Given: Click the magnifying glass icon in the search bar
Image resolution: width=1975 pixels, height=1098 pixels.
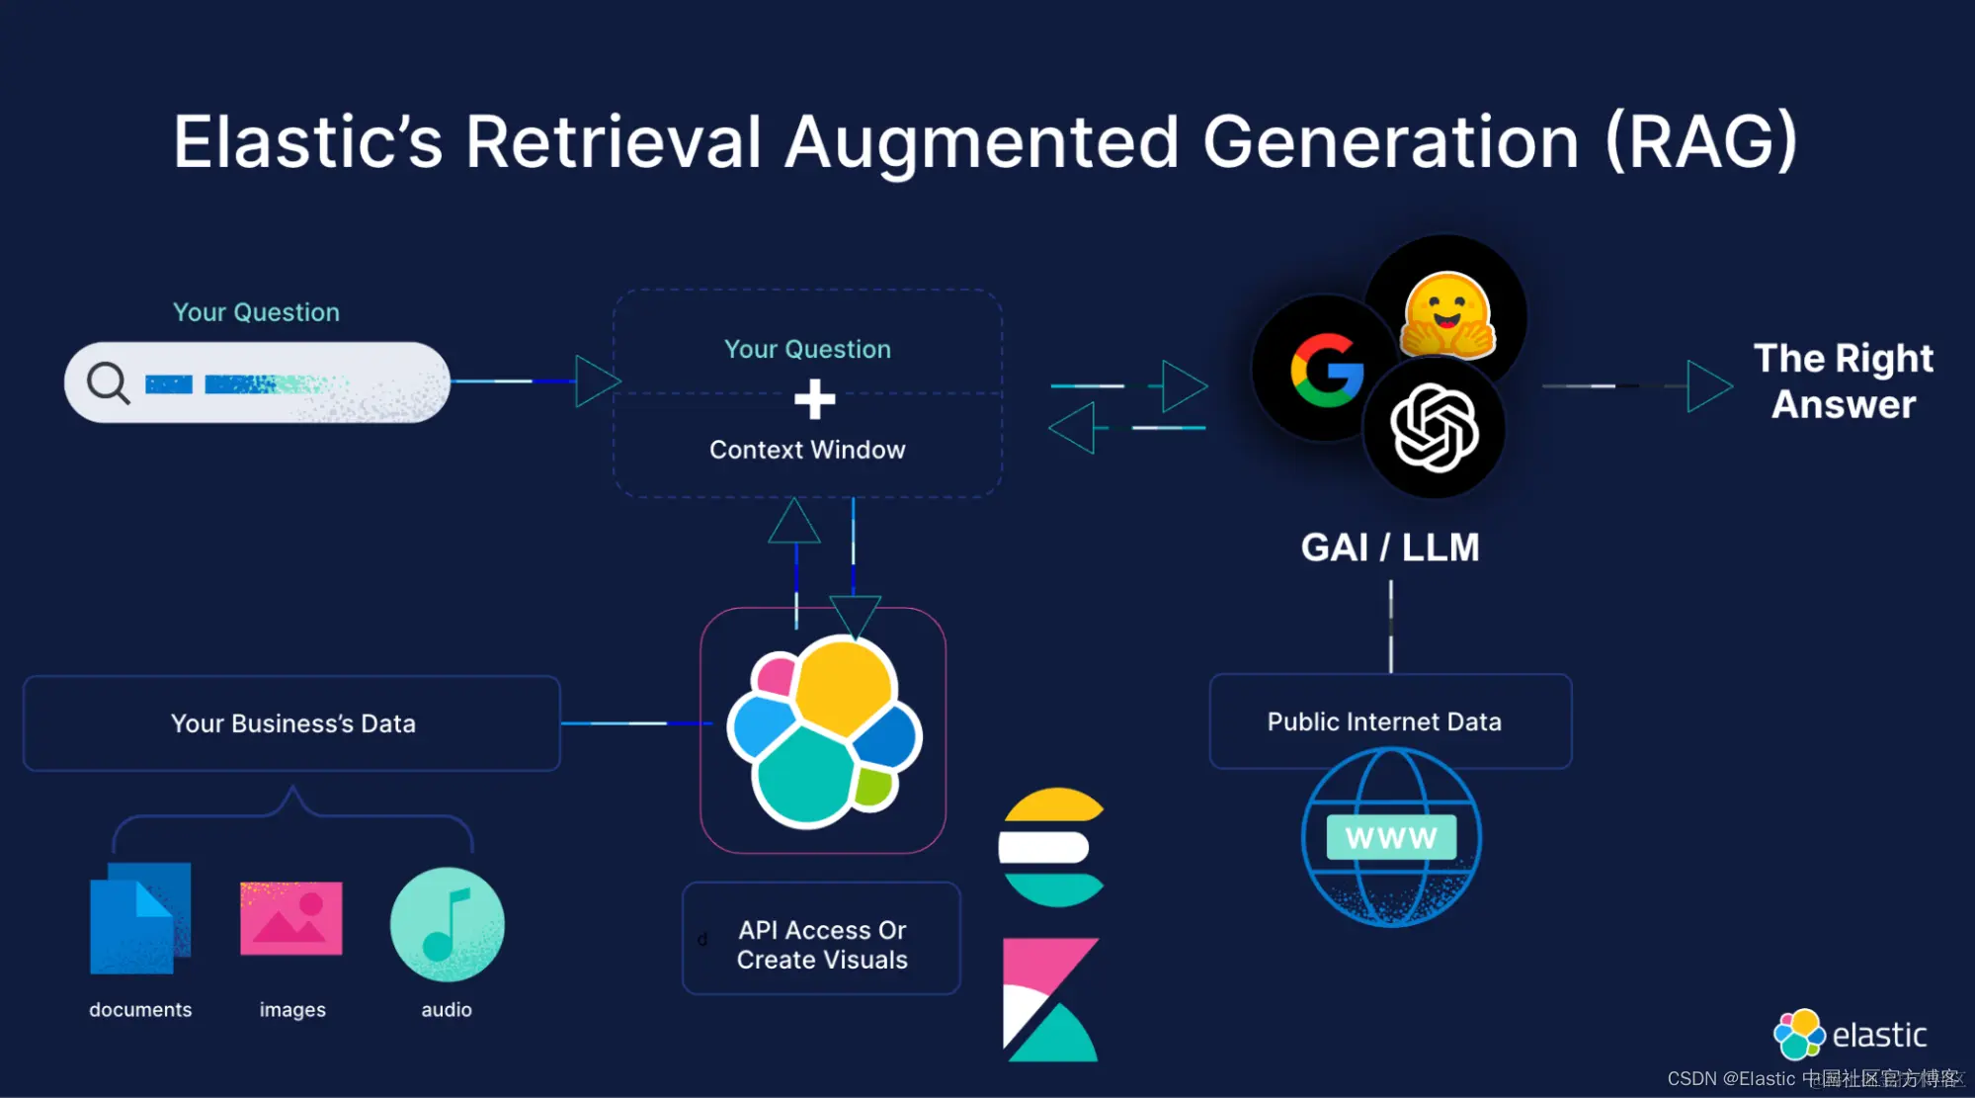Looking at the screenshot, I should click(x=108, y=382).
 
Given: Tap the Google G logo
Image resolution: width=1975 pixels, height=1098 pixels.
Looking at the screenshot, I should click(x=1327, y=371).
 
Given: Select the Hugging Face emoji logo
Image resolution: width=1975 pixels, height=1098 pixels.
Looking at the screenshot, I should click(x=1447, y=315).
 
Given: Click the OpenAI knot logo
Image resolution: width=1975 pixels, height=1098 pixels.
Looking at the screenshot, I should click(x=1435, y=429).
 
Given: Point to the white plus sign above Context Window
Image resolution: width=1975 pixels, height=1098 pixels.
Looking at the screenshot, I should click(x=814, y=399).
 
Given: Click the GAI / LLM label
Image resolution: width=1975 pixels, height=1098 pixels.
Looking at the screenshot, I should click(x=1390, y=548).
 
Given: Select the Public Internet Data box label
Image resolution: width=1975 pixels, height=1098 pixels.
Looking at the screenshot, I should click(x=1384, y=721).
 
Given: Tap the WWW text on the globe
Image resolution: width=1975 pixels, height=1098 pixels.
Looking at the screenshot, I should click(x=1391, y=838).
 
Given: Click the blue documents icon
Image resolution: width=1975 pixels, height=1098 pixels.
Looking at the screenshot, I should click(x=139, y=919).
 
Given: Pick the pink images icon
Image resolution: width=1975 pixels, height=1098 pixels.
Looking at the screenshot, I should click(x=291, y=918).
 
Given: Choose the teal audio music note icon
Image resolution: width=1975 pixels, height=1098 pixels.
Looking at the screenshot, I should click(x=448, y=924).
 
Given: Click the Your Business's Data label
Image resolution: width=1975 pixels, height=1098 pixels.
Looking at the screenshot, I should click(x=293, y=723).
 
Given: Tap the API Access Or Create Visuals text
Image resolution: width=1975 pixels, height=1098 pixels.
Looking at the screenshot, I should click(x=822, y=945).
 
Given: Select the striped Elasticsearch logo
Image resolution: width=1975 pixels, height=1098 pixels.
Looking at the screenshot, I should click(x=1051, y=847).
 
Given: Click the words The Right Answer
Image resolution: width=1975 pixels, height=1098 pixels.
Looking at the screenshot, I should click(x=1844, y=381).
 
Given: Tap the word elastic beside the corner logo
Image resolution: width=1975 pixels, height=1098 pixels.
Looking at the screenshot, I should click(x=1879, y=1035).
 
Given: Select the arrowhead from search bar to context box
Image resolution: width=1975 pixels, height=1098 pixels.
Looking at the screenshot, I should click(x=597, y=381).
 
